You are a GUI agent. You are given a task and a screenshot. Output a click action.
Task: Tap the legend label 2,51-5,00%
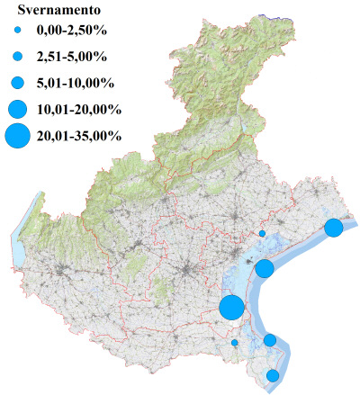pos(68,58)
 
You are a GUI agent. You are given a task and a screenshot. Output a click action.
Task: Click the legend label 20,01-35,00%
pos(76,137)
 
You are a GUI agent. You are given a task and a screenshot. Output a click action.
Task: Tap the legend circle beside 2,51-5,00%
pos(16,58)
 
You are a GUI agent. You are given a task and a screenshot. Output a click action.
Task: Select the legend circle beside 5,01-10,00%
pos(16,83)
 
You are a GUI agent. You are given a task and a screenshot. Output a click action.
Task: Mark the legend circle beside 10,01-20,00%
pos(16,110)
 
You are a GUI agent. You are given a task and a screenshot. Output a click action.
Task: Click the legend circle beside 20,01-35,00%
pos(16,137)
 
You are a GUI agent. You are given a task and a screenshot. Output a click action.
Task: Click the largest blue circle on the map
pos(231,307)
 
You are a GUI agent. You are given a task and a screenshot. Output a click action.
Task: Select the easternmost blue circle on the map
pos(334,227)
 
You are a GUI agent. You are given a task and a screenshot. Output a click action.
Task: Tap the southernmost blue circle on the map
pos(273,375)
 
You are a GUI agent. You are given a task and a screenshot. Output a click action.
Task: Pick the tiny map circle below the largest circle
pos(235,343)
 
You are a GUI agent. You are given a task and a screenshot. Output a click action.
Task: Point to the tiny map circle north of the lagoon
pos(262,233)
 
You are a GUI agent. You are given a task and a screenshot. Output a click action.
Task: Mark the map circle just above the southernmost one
pos(270,339)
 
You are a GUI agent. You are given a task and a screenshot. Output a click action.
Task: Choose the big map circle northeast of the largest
pos(265,268)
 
